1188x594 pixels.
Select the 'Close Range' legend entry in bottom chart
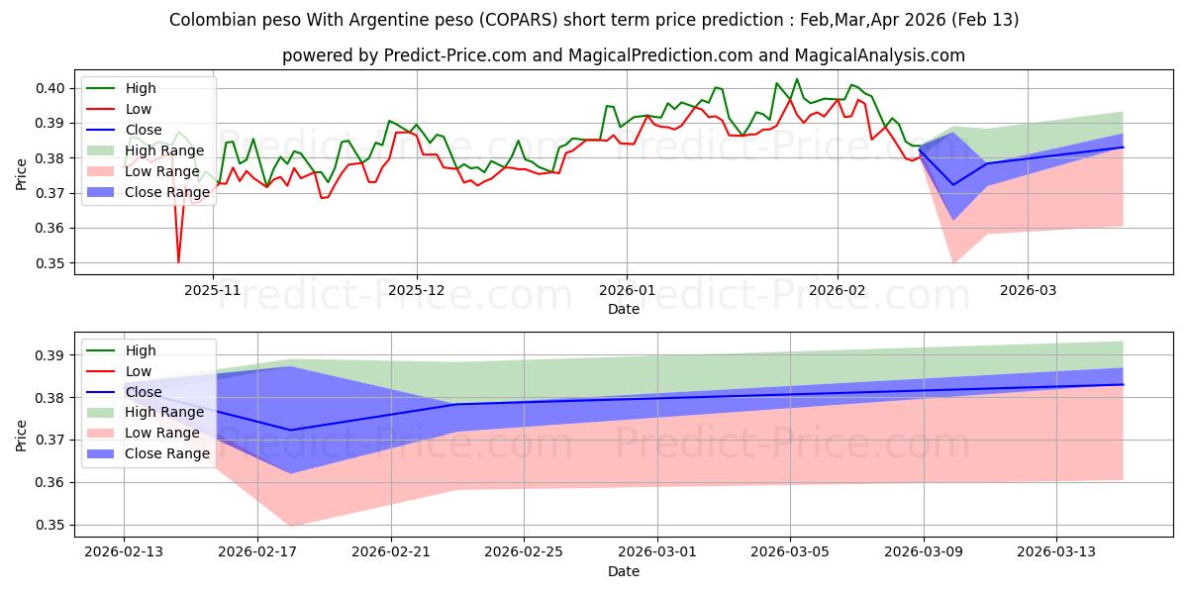(x=167, y=453)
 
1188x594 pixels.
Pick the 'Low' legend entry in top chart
(x=138, y=109)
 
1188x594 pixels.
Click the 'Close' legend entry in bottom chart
(x=144, y=392)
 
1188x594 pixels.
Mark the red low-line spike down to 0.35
(x=179, y=262)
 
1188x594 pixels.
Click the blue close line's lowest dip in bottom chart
(x=290, y=431)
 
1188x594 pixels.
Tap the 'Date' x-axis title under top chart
(x=624, y=310)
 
